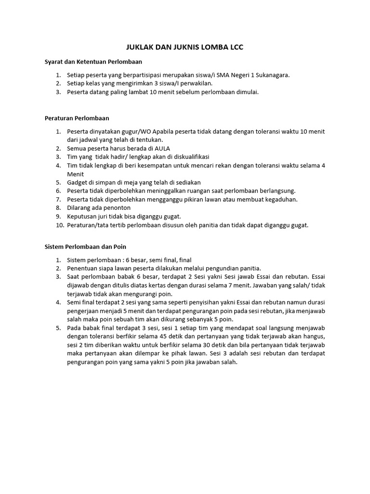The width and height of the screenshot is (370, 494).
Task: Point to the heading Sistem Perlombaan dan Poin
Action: [85, 246]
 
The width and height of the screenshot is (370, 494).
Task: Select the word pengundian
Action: [217, 268]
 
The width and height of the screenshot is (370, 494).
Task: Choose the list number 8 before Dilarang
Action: [58, 208]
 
